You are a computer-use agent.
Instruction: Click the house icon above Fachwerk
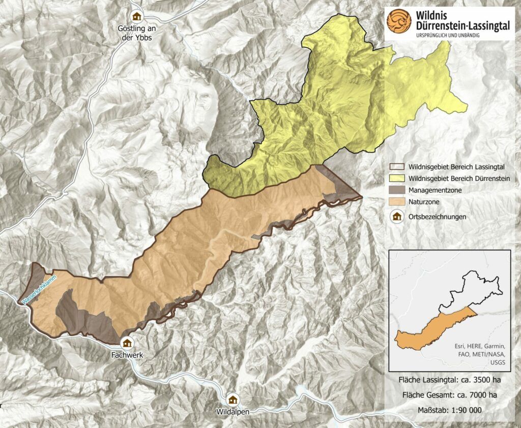(x=126, y=342)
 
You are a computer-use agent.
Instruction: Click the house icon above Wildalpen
(x=233, y=399)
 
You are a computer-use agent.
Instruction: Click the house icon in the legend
(x=397, y=217)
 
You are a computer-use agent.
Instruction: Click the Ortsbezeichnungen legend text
(x=437, y=217)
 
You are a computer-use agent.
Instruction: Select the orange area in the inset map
(x=427, y=330)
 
